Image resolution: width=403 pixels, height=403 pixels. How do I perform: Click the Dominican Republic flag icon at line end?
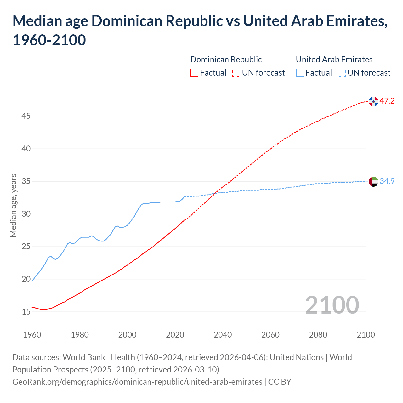pos(373,102)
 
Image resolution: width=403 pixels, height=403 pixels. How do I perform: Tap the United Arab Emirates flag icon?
pos(373,182)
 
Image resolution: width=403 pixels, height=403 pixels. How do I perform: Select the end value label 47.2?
pos(387,101)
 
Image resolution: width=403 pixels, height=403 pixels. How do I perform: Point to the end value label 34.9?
pos(387,181)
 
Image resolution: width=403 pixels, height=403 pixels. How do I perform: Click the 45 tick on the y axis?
pos(26,116)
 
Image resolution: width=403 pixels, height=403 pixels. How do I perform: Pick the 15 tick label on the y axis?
pos(26,312)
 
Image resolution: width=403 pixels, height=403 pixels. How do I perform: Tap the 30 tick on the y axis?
pos(26,214)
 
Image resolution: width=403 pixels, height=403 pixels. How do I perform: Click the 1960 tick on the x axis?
pos(32,335)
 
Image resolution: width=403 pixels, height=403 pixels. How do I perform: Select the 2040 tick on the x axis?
pos(223,335)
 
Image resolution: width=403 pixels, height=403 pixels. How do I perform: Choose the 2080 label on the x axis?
pos(318,335)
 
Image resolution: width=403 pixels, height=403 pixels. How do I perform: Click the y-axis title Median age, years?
pos(13,205)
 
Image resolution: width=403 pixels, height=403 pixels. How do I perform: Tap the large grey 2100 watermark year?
pos(332,305)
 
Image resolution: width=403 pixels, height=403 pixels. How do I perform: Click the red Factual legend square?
pos(194,73)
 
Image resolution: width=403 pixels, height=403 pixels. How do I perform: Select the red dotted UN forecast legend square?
pos(236,73)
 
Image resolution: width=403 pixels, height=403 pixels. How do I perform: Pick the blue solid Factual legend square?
pos(300,73)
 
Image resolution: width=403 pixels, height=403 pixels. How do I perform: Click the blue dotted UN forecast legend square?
pos(342,73)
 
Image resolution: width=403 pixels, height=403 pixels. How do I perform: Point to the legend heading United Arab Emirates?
pos(334,60)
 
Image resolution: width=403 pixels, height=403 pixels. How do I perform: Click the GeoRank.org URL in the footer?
pos(137,382)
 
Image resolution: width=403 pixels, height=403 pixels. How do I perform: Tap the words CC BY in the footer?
pos(280,382)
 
